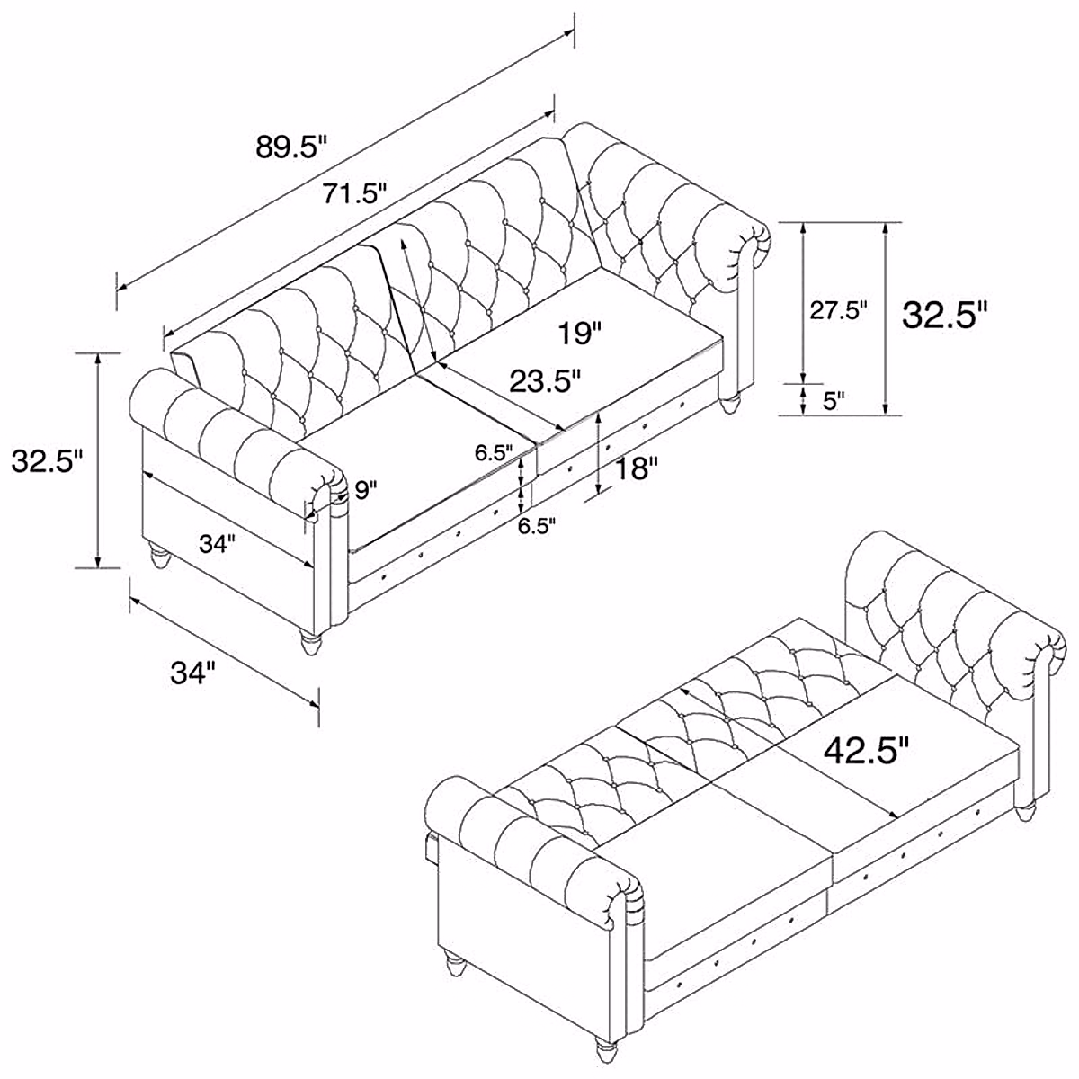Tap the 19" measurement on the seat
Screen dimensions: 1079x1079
pyautogui.click(x=578, y=334)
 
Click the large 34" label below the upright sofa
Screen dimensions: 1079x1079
pyautogui.click(x=194, y=673)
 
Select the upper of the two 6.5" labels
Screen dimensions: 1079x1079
pyautogui.click(x=494, y=452)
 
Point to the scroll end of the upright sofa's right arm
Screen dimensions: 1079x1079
pyautogui.click(x=754, y=243)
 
